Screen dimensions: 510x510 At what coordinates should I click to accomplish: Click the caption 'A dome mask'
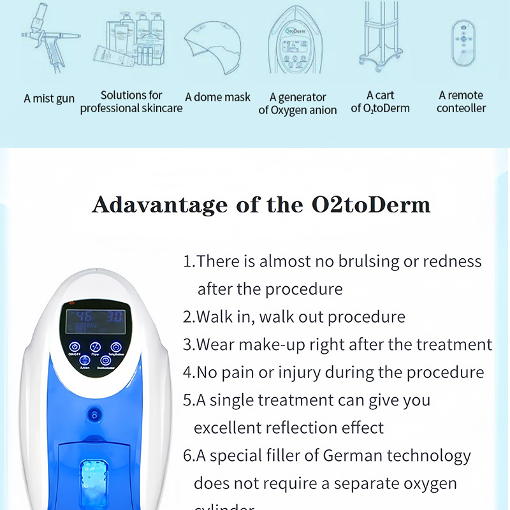217,98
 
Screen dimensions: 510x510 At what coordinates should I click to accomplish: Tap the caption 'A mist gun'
49,99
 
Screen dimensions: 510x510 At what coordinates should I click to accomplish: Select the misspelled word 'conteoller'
462,108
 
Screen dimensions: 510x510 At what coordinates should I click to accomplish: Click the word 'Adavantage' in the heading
159,205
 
